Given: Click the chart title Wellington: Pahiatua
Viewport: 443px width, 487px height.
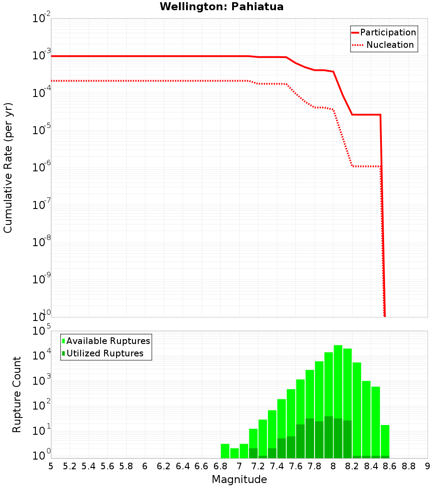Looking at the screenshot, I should coord(221,7).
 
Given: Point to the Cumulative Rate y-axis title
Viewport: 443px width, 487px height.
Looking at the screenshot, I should coord(8,167).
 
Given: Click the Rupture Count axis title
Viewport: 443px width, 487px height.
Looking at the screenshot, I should coord(17,394).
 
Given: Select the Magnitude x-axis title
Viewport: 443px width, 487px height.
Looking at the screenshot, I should coord(239,479).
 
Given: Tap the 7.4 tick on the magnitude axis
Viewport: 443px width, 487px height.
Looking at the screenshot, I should coord(277,466).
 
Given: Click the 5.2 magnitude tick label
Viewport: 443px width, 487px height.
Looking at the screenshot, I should coord(70,466).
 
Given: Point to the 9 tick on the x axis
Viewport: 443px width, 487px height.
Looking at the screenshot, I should coord(427,466).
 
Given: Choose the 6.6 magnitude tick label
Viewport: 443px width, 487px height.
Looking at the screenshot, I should coord(202,466).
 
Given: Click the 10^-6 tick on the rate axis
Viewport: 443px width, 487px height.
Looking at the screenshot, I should coord(42,167).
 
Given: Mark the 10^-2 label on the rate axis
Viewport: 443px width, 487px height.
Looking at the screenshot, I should coord(42,19).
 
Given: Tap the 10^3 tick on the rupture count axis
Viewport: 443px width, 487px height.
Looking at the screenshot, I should coord(42,381).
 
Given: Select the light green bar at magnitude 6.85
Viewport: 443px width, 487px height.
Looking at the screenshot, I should coord(225,451).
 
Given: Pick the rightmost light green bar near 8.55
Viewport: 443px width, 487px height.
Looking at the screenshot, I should coord(385,440).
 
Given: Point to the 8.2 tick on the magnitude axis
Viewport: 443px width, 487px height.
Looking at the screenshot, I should coord(352,466).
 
